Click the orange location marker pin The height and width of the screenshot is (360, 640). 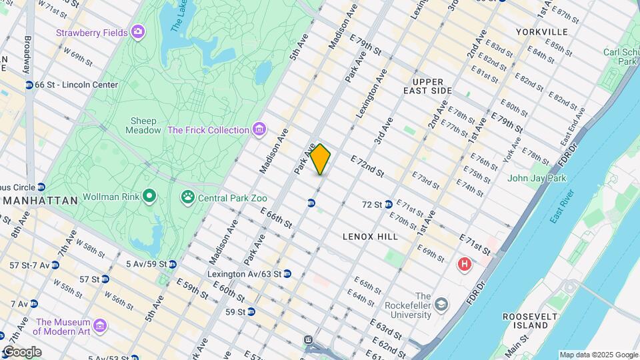tap(320, 159)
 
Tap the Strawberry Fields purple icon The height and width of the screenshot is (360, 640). tap(138, 31)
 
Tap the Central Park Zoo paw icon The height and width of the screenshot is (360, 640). tap(187, 197)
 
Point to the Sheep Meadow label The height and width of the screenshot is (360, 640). tap(143, 125)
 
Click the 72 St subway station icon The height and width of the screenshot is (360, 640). tap(388, 204)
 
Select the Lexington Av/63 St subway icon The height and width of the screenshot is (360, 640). tap(287, 273)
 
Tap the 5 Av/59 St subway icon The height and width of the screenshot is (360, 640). tap(172, 264)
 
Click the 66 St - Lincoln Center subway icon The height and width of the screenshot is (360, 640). tap(29, 85)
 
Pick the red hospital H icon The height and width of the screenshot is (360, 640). tap(464, 265)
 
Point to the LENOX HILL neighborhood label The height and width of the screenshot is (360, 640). tap(370, 237)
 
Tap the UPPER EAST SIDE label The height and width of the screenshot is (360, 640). tap(427, 90)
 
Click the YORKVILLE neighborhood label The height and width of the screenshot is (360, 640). tap(541, 32)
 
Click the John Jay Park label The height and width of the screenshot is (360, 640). tap(536, 178)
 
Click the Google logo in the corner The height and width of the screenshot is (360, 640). tap(21, 352)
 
